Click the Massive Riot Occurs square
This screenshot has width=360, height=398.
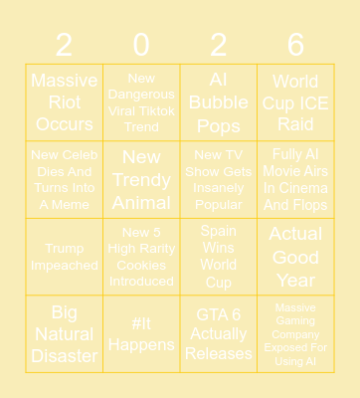point(65,102)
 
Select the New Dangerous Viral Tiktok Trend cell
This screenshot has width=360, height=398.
point(141,102)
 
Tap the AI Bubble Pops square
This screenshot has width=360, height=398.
point(219,102)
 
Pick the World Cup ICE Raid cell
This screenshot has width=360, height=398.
point(295,102)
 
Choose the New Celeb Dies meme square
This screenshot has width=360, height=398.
point(65,179)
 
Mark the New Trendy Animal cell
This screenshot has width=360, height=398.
point(141,179)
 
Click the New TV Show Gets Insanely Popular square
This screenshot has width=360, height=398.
point(219,179)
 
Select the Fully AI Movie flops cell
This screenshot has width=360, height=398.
point(295,179)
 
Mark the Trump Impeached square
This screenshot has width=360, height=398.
point(65,257)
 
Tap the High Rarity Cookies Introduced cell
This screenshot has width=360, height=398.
point(141,257)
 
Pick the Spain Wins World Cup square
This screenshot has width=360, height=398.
point(219,257)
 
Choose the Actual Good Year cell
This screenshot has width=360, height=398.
point(295,257)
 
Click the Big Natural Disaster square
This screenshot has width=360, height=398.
point(65,334)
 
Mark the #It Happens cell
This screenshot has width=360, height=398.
point(141,334)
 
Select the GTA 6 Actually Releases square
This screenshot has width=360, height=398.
point(219,334)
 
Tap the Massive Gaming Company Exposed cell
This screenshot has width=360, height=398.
point(295,334)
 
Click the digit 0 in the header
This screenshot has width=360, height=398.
point(141,44)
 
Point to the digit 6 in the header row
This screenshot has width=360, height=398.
point(295,44)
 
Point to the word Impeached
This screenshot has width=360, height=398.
point(65,266)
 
